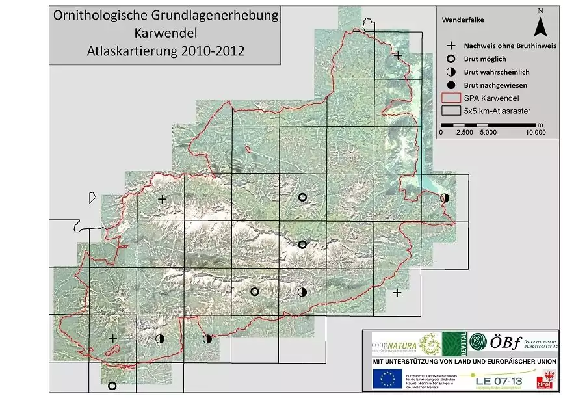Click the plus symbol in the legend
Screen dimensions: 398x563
point(450,46)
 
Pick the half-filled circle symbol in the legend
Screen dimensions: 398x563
point(450,72)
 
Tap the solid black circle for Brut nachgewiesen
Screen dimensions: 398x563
point(450,85)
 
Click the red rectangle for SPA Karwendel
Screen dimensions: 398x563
point(450,98)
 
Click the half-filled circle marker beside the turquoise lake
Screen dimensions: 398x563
point(444,197)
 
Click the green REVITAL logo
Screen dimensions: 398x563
point(454,343)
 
